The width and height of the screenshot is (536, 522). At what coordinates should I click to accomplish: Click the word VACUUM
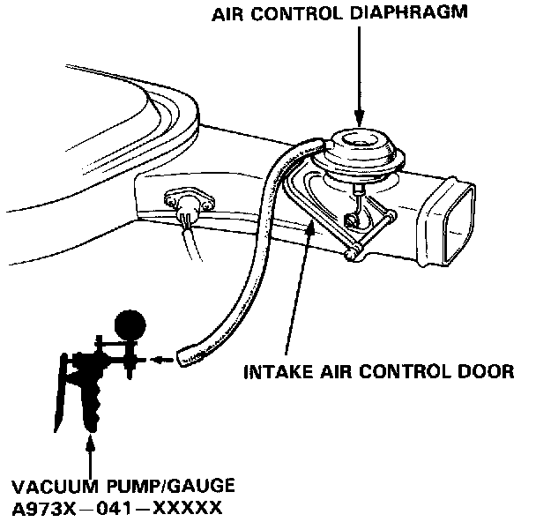tap(48, 486)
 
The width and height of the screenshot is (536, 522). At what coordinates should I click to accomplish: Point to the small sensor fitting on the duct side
tap(188, 202)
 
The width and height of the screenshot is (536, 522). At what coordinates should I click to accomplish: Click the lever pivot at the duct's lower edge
tap(352, 255)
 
